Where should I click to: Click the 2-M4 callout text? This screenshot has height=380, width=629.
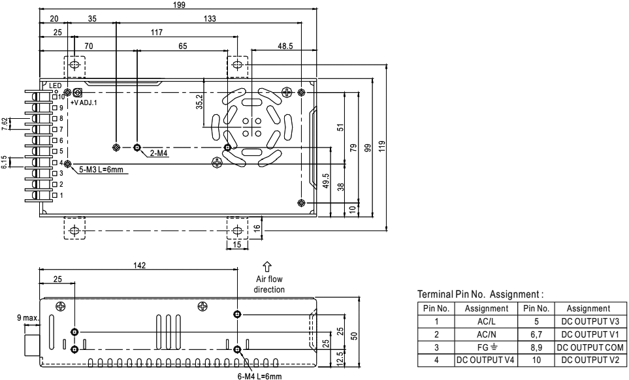pyautogui.click(x=159, y=153)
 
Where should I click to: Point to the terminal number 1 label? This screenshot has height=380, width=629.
pyautogui.click(x=62, y=195)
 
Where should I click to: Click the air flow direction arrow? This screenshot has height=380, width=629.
pyautogui.click(x=266, y=266)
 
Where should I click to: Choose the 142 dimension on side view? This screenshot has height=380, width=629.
pyautogui.click(x=138, y=266)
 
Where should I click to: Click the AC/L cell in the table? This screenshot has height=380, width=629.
pyautogui.click(x=485, y=321)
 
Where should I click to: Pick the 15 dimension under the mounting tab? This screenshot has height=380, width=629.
pyautogui.click(x=237, y=244)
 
